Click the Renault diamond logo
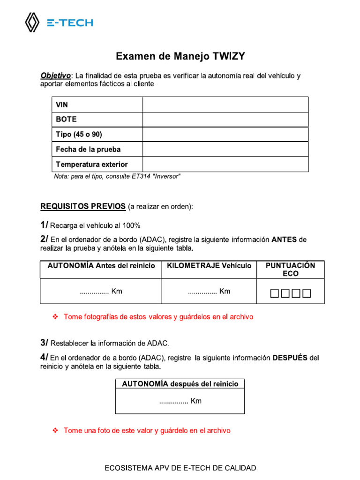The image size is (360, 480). (32, 22)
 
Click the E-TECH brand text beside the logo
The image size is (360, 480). (69, 22)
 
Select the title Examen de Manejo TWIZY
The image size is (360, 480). (180, 57)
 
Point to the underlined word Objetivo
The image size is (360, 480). (56, 75)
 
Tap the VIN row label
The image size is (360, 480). (62, 105)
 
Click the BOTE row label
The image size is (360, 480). (66, 120)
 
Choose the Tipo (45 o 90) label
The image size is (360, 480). (79, 135)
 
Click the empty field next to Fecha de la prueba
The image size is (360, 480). (225, 150)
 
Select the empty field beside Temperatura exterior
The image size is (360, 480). (225, 165)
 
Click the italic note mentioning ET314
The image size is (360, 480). (117, 176)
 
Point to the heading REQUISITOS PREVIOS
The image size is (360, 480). (83, 206)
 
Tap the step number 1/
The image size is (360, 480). (44, 225)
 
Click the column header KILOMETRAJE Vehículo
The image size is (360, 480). (209, 266)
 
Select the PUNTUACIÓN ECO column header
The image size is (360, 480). (290, 270)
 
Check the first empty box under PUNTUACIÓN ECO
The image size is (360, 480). (275, 294)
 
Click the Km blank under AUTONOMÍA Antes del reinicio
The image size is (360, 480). (101, 292)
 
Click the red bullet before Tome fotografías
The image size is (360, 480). (55, 317)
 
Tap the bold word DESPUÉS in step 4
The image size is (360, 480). (290, 358)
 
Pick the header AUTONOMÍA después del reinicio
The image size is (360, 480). (180, 384)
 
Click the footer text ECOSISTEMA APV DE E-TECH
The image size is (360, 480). (180, 468)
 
